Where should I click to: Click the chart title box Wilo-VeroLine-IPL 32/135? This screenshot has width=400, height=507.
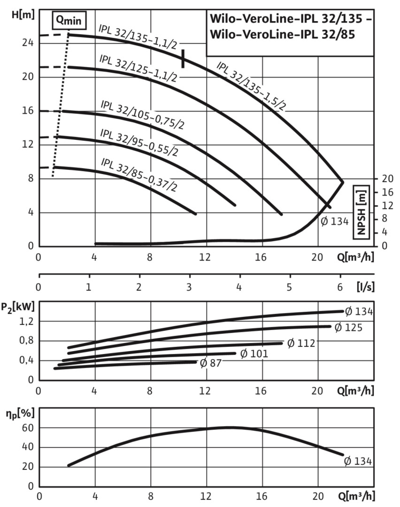(290, 29)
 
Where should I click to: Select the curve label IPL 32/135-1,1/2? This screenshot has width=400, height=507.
(138, 37)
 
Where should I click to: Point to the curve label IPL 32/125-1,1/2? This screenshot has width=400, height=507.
(138, 68)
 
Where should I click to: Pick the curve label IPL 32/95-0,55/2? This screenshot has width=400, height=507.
(139, 142)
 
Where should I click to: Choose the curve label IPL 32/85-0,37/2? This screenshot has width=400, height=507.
(139, 174)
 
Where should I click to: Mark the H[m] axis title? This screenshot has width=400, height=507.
(22, 15)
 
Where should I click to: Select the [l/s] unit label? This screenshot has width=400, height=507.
(365, 286)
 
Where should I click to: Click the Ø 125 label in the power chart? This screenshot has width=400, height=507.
(348, 327)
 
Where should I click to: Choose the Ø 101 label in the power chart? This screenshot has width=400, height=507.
(254, 353)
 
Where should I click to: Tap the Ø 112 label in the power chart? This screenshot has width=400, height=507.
(300, 343)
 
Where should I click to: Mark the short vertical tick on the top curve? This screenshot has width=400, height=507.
(183, 58)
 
